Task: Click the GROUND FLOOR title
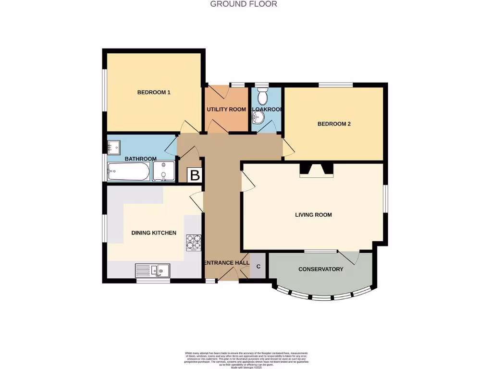pos(244,4)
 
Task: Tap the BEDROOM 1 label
pos(154,92)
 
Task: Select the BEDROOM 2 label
pos(334,124)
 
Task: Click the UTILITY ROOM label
pos(226,110)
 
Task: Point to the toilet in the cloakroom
pos(262,97)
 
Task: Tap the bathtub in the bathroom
pos(128,171)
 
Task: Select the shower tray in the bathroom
pos(164,171)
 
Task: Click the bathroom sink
pos(113,146)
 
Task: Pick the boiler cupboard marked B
pos(194,175)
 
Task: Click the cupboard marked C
pos(258,266)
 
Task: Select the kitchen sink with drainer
pos(152,271)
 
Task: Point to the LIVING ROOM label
pos(313,215)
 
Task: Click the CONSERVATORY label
pos(320,269)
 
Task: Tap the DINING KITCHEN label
pos(154,233)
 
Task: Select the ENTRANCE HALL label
pos(227,263)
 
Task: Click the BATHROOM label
pos(141,159)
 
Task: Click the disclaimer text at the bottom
pos(246,359)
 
